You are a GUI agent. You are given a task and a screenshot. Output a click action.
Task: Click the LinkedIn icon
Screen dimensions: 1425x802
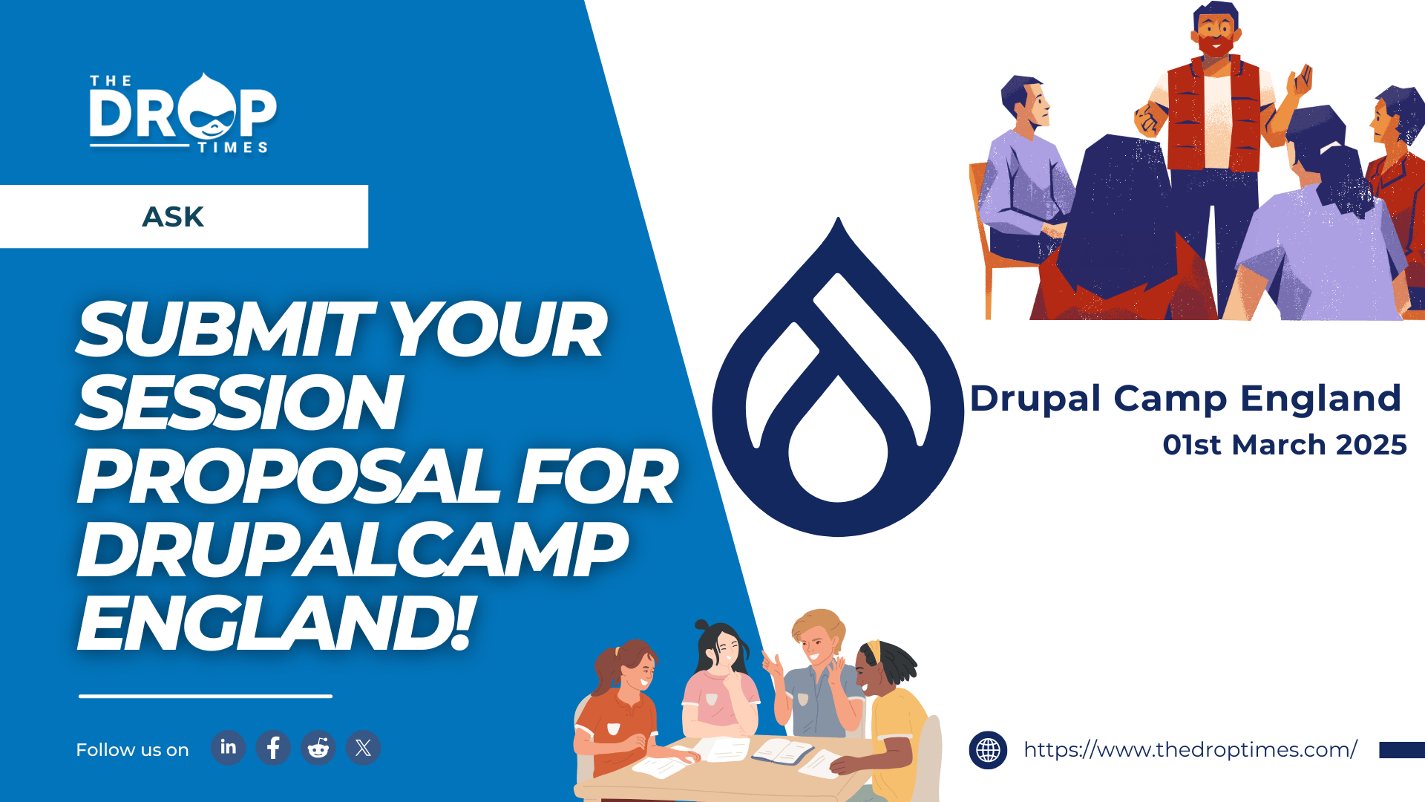[228, 748]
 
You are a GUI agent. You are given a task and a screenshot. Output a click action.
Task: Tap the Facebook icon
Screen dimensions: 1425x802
[273, 748]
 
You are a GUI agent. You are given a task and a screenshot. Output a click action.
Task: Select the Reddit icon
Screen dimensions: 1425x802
[318, 748]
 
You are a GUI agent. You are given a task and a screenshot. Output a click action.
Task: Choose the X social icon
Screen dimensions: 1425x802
[363, 748]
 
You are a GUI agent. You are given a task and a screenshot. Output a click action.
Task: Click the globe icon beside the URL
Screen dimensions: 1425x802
[988, 750]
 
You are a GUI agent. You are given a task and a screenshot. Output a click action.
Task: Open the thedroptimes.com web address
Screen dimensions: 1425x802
[1190, 750]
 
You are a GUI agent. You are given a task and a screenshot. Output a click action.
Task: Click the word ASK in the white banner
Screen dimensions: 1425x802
[173, 217]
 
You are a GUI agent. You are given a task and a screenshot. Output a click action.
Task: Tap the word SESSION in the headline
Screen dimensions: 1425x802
[240, 402]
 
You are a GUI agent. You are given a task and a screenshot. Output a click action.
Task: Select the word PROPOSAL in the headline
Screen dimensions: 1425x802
[289, 476]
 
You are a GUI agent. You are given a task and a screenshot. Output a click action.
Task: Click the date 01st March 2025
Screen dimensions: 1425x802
[1285, 445]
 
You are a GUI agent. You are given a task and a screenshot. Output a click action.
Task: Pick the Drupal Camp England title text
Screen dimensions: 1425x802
[1185, 399]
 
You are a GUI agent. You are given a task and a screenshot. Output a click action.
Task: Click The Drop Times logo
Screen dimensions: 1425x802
[183, 113]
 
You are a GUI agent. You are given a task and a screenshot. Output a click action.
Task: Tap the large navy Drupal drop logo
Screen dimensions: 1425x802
[838, 376]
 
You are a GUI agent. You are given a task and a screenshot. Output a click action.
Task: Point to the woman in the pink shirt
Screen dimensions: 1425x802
[719, 687]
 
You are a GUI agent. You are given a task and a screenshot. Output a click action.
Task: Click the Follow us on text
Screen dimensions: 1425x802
[132, 750]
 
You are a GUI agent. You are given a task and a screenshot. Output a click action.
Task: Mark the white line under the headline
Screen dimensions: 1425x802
[206, 696]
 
